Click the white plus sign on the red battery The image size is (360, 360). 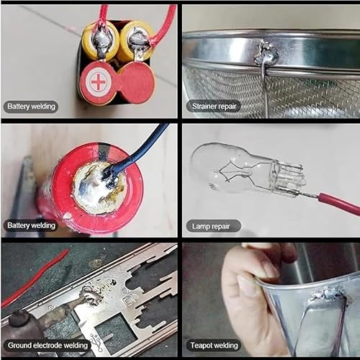97,82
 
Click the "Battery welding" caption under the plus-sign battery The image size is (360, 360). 31,107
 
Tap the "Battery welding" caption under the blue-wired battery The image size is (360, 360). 31,225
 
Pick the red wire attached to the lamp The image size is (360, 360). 338,203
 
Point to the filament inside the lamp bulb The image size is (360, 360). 245,173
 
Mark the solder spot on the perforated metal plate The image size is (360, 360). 91,295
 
